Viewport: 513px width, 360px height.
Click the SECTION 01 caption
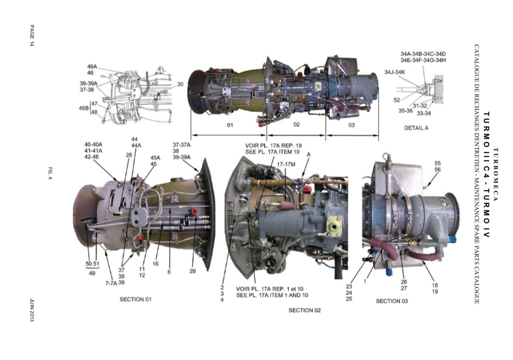135,299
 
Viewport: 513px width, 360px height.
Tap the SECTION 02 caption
305,310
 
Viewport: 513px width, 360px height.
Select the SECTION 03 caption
391,301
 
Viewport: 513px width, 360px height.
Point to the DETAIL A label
416,128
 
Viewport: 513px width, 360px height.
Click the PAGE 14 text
32,36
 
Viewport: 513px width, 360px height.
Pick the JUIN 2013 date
32,310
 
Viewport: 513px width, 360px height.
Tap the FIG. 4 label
50,173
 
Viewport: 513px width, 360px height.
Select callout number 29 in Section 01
193,271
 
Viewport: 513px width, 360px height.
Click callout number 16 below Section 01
155,264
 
